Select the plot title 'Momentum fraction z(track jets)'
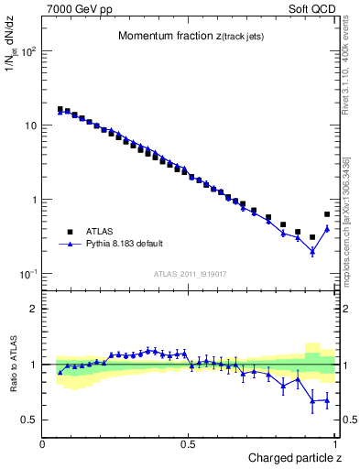click(x=187, y=36)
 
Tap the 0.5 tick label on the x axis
click(x=189, y=444)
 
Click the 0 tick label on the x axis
click(x=43, y=444)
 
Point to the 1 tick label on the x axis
click(x=335, y=444)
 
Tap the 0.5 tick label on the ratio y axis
click(x=29, y=420)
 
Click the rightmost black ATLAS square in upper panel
click(x=327, y=214)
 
